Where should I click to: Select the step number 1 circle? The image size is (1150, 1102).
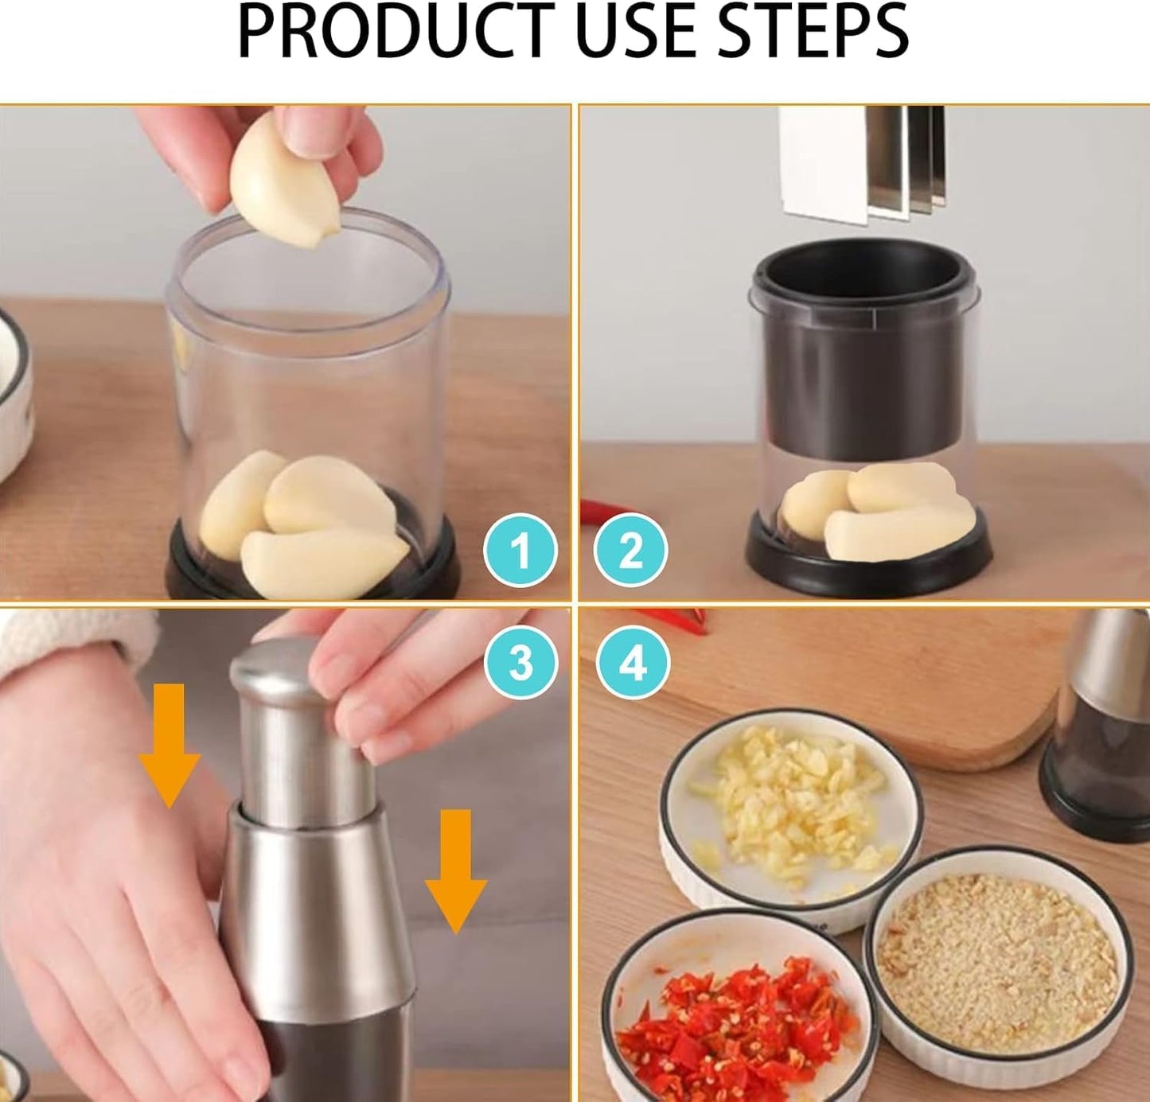point(520,551)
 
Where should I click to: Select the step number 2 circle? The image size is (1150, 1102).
point(630,551)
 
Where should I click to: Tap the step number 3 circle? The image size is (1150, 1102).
point(520,662)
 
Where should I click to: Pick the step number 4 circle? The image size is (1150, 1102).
point(633,662)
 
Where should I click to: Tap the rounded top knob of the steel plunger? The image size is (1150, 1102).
point(275,672)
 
